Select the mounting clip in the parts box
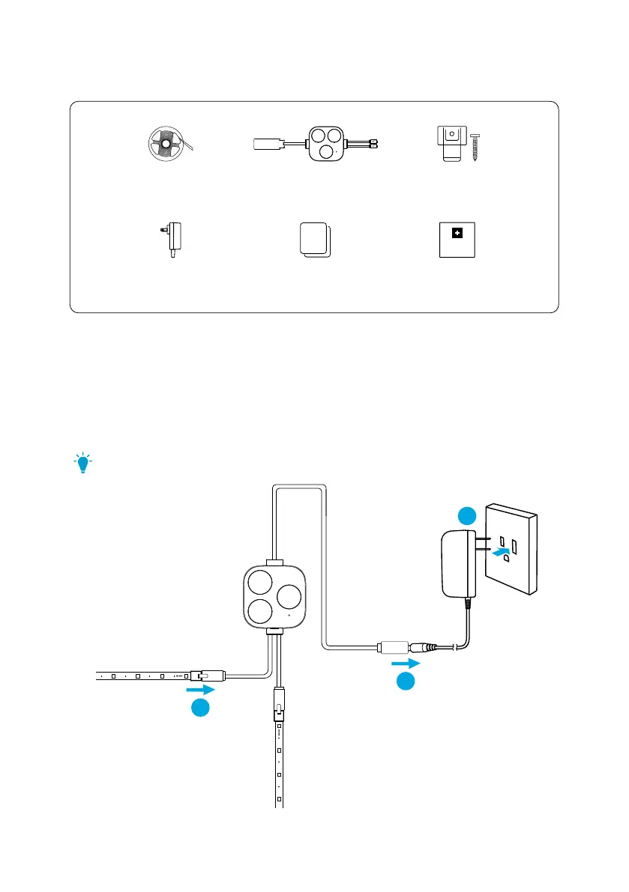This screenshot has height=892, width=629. pyautogui.click(x=450, y=142)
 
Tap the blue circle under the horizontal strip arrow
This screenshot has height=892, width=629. pyautogui.click(x=200, y=708)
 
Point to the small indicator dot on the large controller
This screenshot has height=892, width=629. pyautogui.click(x=289, y=618)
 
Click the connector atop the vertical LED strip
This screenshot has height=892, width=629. pyautogui.click(x=277, y=704)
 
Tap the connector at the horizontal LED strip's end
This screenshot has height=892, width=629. pyautogui.click(x=207, y=675)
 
